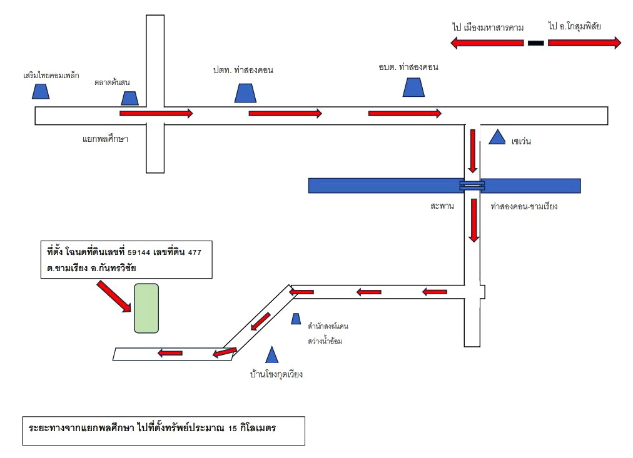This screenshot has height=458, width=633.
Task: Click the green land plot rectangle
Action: point(146,309)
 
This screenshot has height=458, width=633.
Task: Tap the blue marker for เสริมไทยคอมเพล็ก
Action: point(41,91)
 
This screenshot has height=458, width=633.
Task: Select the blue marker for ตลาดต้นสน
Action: point(130,98)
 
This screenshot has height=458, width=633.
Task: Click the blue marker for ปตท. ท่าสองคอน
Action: point(245,93)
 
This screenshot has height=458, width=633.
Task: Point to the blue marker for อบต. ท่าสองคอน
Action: point(413,87)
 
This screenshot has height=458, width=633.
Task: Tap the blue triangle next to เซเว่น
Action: point(497,137)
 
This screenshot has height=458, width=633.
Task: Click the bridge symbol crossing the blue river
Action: point(472,186)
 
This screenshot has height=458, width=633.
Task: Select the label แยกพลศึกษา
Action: point(105,139)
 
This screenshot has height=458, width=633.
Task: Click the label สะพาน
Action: point(442,206)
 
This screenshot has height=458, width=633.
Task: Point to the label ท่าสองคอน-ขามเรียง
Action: point(524,206)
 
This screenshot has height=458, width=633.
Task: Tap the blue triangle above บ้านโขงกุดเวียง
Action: point(272,355)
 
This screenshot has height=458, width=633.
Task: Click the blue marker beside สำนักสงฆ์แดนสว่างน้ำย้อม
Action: point(296,319)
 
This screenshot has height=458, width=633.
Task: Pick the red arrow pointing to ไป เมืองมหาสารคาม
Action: point(487,42)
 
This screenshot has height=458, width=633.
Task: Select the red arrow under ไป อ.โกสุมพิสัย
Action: point(585,42)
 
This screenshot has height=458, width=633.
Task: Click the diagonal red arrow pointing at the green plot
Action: point(114,297)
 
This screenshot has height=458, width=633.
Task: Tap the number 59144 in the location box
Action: point(139,253)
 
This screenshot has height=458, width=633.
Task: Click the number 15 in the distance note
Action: point(232,428)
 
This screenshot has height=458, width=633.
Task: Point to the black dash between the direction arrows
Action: point(535,42)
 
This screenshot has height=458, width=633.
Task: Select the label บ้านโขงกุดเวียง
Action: point(276,374)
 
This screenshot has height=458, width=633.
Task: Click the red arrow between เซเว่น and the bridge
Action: point(473,151)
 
